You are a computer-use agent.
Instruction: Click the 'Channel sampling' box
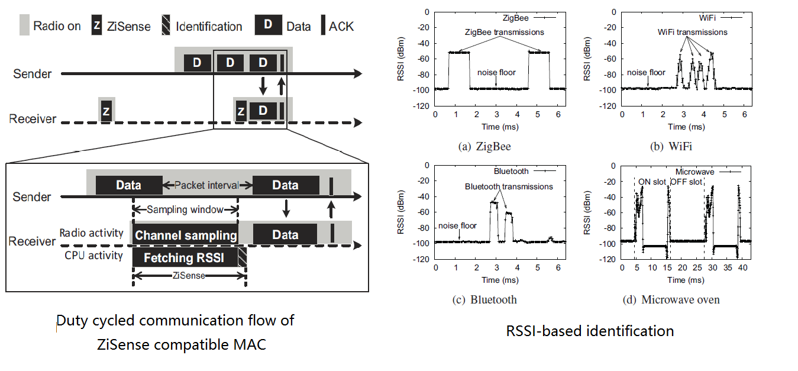[186, 235]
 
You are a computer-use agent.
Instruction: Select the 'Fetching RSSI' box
[185, 257]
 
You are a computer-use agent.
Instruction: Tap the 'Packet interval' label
[206, 185]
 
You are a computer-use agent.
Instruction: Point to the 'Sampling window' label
[185, 209]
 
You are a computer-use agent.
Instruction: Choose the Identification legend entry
[202, 27]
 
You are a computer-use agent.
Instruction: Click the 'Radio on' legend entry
[50, 26]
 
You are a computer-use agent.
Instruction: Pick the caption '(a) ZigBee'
[484, 146]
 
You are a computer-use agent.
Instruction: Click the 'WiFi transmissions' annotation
[693, 32]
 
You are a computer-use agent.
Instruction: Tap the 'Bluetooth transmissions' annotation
[509, 186]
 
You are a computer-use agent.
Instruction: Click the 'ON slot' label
[652, 181]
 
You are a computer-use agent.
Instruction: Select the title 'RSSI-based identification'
[590, 331]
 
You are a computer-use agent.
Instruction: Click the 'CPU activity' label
[93, 256]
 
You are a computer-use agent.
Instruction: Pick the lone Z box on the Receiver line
[106, 111]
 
